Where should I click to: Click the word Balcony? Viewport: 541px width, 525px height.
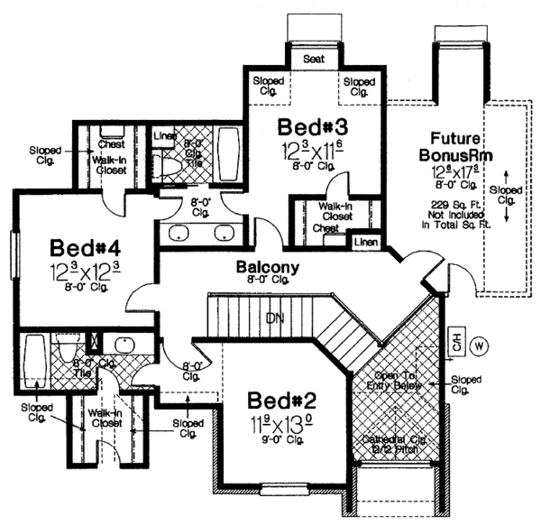262,268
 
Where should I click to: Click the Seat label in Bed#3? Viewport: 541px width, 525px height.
313,58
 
